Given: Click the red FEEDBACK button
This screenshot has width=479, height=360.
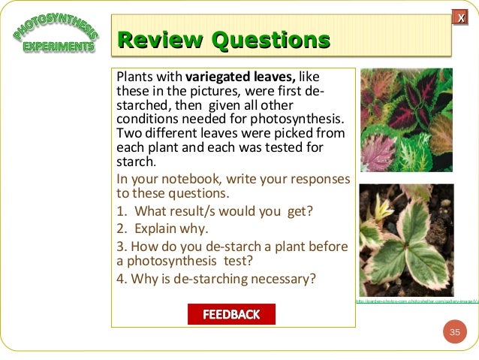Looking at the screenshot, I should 231,314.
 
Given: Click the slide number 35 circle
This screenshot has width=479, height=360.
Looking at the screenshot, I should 454,332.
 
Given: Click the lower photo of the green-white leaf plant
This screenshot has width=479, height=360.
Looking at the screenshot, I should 406,240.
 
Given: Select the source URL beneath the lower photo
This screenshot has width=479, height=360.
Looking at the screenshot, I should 417,302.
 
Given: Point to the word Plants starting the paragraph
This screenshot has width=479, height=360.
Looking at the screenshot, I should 133,77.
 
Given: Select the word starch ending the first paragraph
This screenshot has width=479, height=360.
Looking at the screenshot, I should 134,162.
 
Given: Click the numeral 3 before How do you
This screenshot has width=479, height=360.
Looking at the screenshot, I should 119,246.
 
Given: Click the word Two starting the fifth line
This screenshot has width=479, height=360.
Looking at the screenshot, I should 128,134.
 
